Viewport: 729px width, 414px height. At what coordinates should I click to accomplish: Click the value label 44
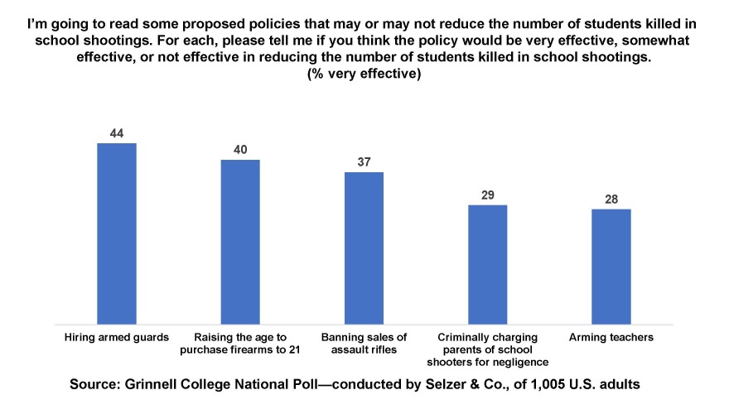(x=116, y=132)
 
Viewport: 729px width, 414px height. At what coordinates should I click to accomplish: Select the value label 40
(x=240, y=149)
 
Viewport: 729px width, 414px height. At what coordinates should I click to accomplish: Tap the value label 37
(x=364, y=161)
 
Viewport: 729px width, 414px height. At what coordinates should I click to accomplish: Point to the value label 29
(x=487, y=195)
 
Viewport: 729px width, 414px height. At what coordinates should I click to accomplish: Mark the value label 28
(x=611, y=199)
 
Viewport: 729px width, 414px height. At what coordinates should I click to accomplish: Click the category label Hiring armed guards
(x=116, y=337)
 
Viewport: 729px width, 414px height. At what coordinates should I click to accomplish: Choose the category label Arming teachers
(x=611, y=337)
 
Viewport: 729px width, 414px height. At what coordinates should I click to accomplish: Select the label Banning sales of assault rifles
(x=364, y=343)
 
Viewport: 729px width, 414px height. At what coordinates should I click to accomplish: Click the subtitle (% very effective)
(x=364, y=74)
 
